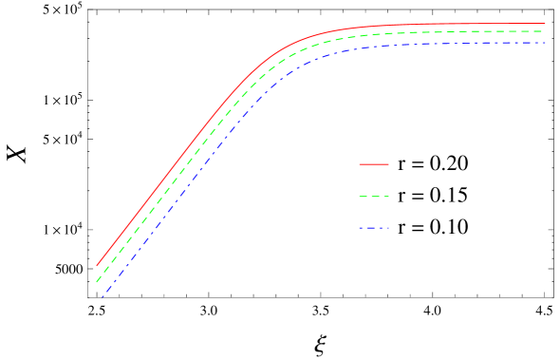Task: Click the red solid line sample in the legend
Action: point(374,164)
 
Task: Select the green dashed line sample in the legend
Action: point(374,197)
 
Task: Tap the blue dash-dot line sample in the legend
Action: point(374,228)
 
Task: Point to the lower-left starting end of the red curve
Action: point(97,265)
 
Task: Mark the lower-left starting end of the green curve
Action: point(97,281)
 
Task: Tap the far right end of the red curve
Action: point(546,24)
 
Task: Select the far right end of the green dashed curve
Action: point(544,31)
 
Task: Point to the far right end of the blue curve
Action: point(546,43)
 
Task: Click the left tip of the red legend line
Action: point(360,164)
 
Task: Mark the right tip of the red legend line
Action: point(389,164)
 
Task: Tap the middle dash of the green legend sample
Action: point(374,197)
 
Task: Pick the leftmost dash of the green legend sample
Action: point(363,197)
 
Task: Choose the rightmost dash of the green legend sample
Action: point(386,197)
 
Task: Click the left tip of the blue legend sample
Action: point(360,228)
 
